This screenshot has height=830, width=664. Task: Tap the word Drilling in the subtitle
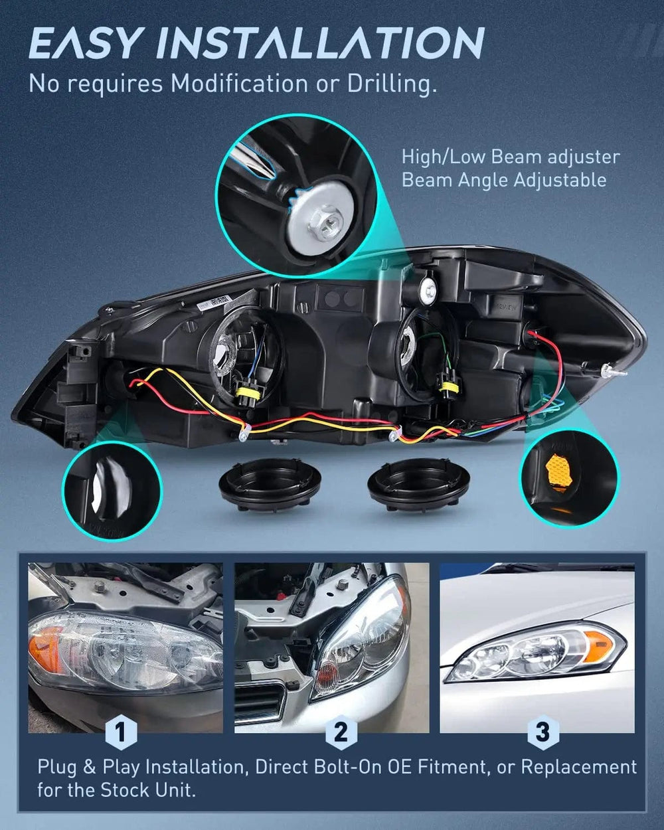tap(392, 84)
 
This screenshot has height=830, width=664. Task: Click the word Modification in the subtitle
tap(240, 83)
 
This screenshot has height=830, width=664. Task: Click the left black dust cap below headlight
tap(270, 483)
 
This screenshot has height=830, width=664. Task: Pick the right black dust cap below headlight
tap(419, 483)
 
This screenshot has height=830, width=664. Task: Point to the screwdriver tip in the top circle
tap(272, 175)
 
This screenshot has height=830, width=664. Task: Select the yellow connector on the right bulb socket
tap(446, 386)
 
